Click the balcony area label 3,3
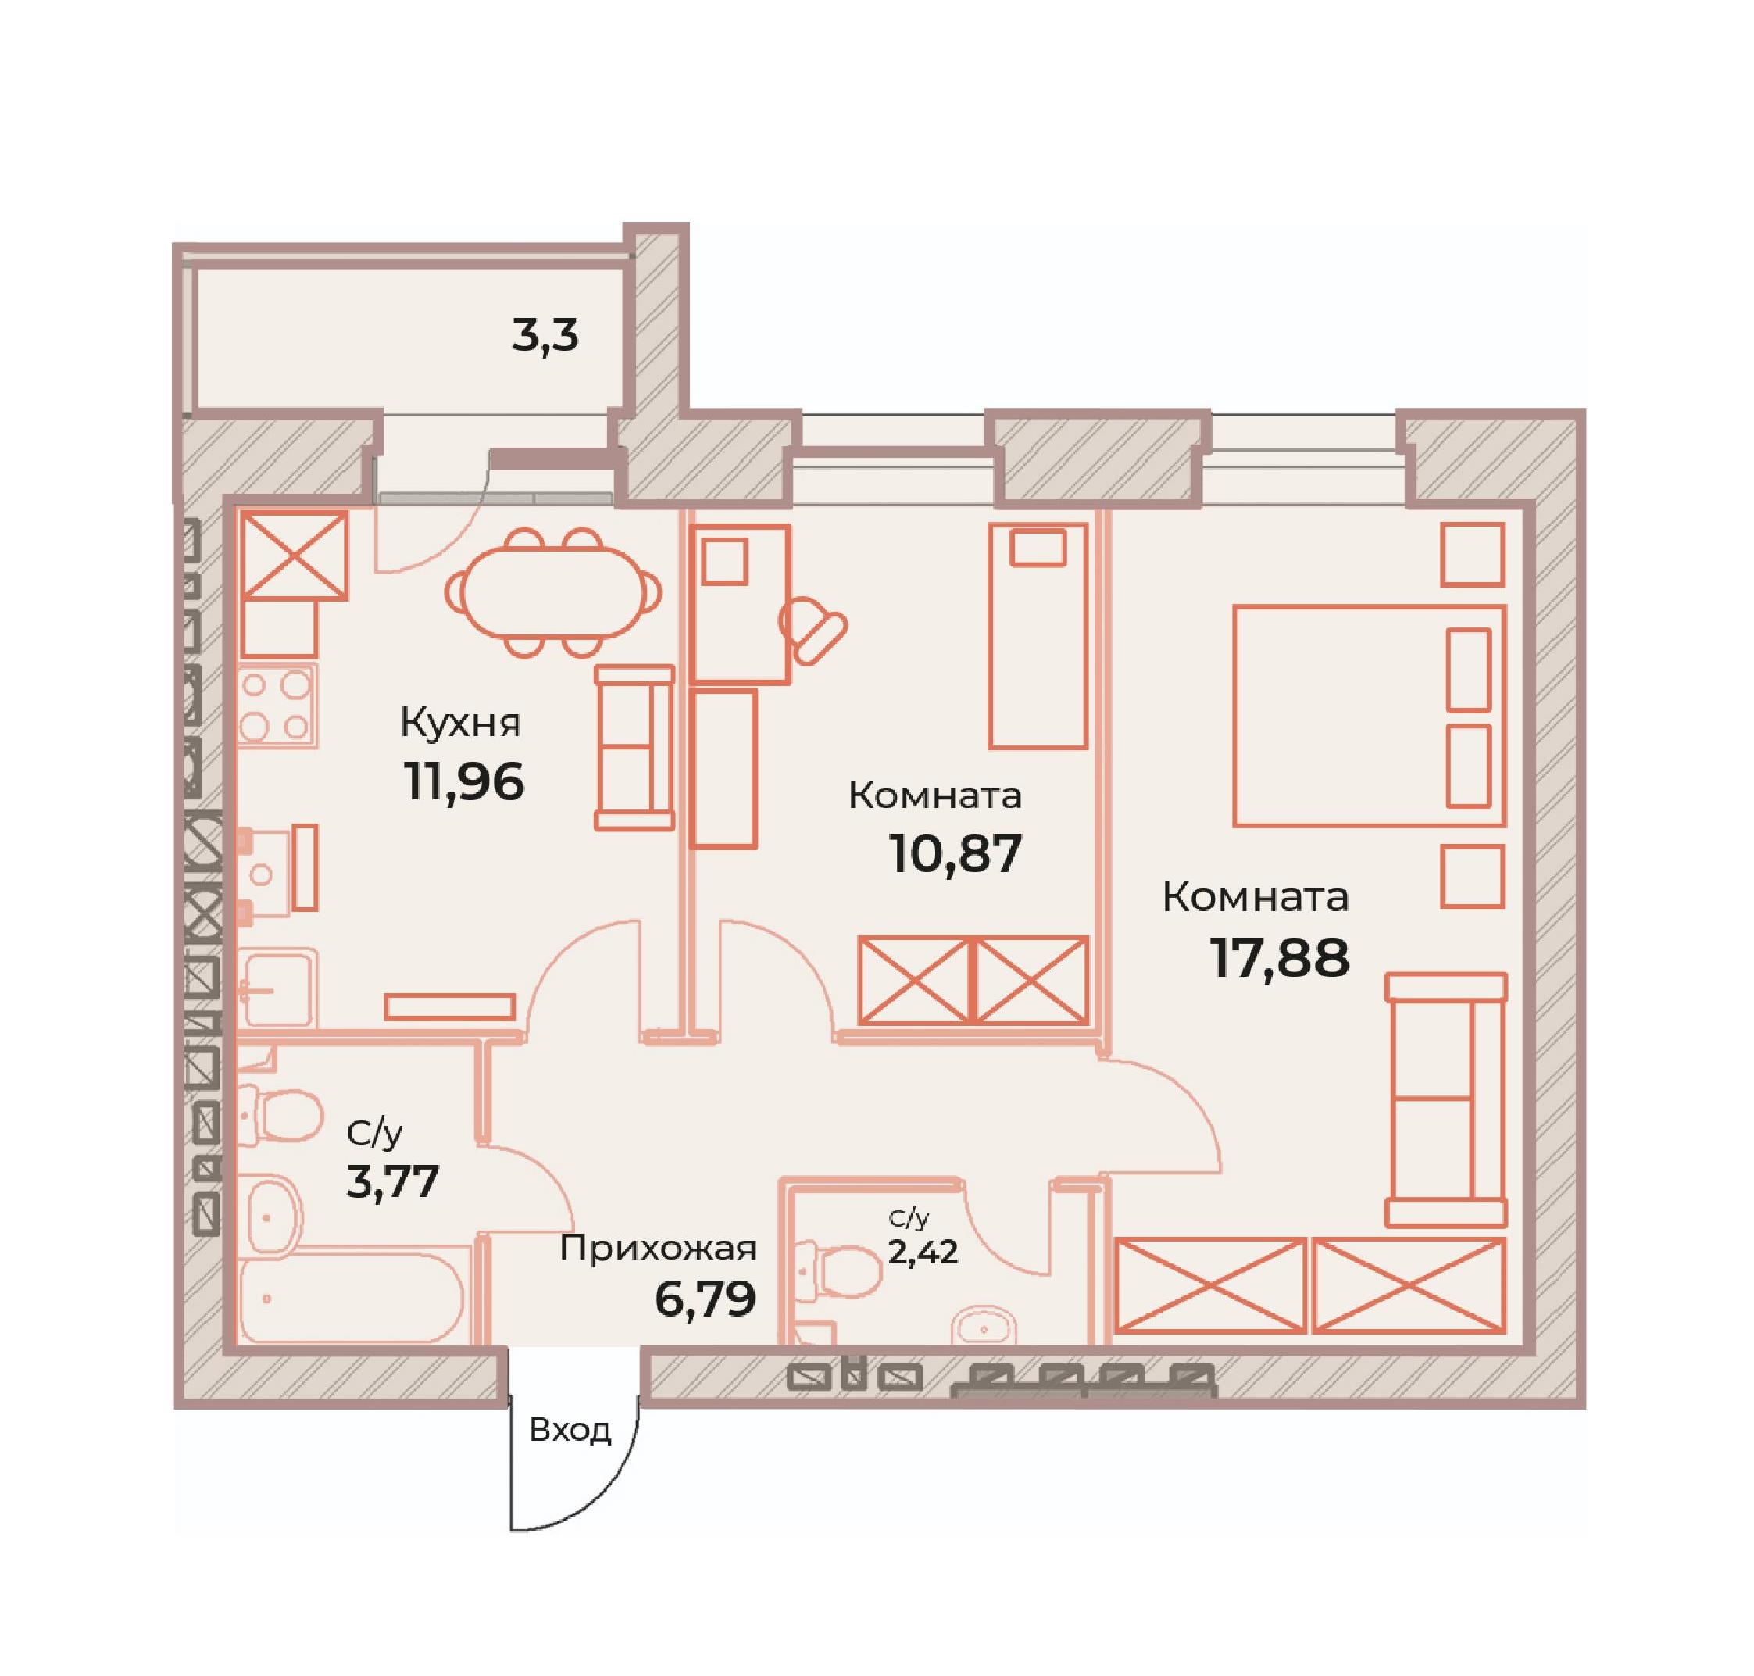pyautogui.click(x=545, y=338)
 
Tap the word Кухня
pyautogui.click(x=459, y=722)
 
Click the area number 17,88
pyautogui.click(x=1279, y=958)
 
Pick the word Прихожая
pyautogui.click(x=658, y=1248)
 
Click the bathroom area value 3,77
pyautogui.click(x=392, y=1181)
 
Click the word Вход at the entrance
pyautogui.click(x=570, y=1431)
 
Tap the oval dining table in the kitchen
pyautogui.click(x=554, y=591)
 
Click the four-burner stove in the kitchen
pyautogui.click(x=278, y=705)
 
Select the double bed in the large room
pyautogui.click(x=1369, y=715)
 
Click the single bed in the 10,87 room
pyautogui.click(x=1038, y=636)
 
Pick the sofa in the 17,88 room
pyautogui.click(x=1445, y=1100)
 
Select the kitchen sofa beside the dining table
pyautogui.click(x=634, y=747)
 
